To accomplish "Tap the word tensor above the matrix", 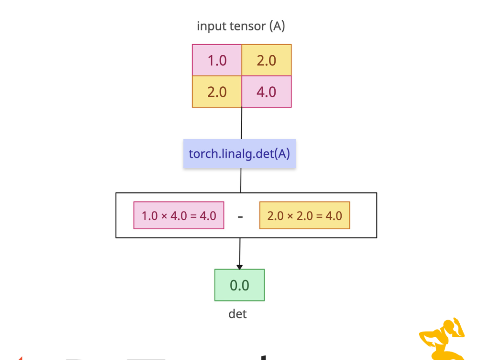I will point(241,26).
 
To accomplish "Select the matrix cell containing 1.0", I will point(217,60).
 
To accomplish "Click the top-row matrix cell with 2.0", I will point(266,60).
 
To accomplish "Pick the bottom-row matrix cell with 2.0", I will point(217,91).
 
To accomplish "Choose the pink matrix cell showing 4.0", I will point(266,91).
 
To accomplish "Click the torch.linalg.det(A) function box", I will point(239,154).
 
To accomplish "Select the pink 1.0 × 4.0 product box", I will point(179,215).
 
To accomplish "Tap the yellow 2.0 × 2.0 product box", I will point(304,215).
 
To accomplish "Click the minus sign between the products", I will point(241,216).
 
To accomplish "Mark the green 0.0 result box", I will point(239,285).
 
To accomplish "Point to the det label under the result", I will point(238,314).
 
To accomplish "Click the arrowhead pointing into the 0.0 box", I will point(239,267).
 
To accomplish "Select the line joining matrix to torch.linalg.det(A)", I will point(241,123).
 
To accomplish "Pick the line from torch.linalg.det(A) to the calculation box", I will point(241,180).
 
